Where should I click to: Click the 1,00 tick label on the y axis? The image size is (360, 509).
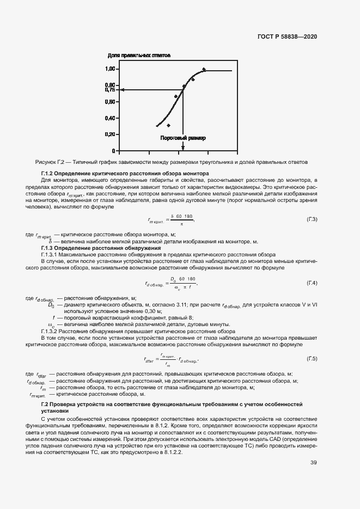(x=110, y=69)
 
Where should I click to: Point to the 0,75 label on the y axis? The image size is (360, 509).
(x=110, y=90)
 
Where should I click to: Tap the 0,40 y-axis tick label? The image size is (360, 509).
(x=110, y=118)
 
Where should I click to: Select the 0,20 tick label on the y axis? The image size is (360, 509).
(x=110, y=134)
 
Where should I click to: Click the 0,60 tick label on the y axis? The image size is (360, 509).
(x=110, y=102)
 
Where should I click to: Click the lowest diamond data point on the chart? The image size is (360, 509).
(x=168, y=125)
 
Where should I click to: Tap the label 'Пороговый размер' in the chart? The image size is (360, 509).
(x=182, y=138)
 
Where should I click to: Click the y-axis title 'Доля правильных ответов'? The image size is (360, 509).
(x=139, y=56)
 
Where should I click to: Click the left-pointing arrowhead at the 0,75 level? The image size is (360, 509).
(x=123, y=90)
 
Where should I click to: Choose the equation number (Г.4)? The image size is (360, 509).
(x=312, y=283)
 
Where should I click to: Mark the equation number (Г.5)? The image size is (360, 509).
(x=312, y=358)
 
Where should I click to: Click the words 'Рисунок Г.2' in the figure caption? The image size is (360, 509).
(x=50, y=162)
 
